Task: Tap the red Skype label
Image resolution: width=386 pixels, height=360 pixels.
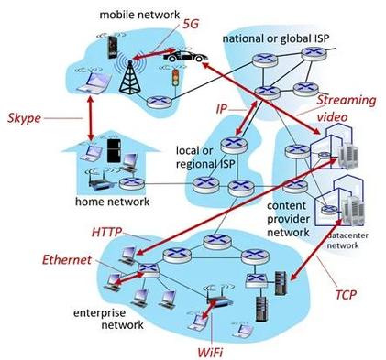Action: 24,118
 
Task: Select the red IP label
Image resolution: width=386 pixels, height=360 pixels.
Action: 222,109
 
